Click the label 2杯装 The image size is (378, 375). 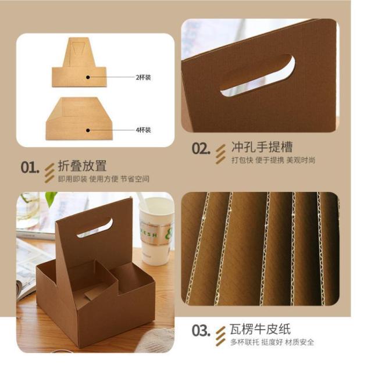pos(144,77)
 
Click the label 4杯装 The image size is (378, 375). pos(144,130)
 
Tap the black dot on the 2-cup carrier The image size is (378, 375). pos(88,77)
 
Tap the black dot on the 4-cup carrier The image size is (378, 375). pos(88,130)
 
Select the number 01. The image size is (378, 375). pos(30,167)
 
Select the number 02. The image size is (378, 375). pos(201,148)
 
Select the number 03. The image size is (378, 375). pos(201,330)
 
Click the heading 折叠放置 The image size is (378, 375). pos(82,166)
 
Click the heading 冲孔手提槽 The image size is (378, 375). pos(262,147)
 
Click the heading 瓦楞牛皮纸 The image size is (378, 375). pos(261,329)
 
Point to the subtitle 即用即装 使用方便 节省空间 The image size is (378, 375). pos(104,179)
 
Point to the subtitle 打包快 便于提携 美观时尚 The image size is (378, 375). pos(273,160)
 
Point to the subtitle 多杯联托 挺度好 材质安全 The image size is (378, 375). pos(272,342)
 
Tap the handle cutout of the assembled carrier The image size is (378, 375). pos(95,228)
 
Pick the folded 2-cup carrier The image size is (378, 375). pos(79,62)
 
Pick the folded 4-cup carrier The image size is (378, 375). pos(79,119)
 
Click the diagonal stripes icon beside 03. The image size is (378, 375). pos(220,336)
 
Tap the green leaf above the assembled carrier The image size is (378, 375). pos(51,198)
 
